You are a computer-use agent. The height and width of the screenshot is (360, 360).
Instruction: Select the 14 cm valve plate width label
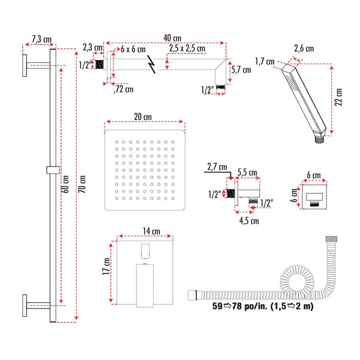145,230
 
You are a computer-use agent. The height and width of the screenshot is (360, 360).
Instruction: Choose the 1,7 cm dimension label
264,61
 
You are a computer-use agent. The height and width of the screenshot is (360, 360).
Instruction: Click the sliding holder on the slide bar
53,170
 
